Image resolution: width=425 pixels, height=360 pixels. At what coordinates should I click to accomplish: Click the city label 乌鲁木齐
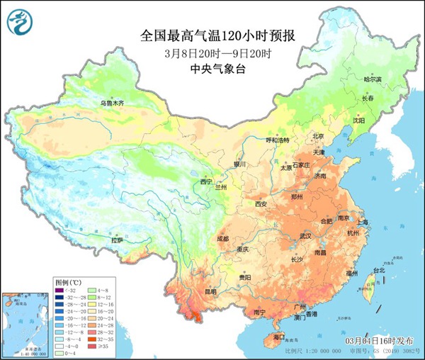(x=111, y=103)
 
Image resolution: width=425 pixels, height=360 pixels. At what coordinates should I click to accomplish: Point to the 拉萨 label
(x=117, y=241)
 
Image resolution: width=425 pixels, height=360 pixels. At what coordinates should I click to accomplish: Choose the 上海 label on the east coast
(x=363, y=223)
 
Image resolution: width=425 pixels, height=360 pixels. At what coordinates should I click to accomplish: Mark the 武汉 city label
(x=306, y=235)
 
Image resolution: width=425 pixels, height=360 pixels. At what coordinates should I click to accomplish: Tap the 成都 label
(x=224, y=239)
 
